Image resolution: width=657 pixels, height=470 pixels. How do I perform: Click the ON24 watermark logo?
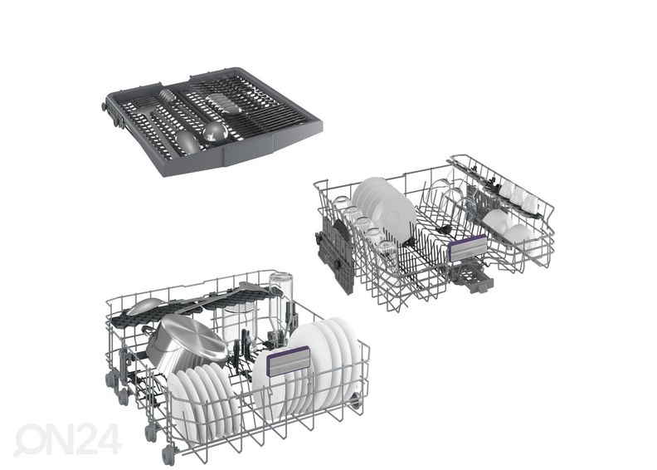67,439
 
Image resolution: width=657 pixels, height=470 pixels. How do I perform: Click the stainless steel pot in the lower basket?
186,344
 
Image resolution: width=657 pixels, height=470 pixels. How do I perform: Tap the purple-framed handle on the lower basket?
289,361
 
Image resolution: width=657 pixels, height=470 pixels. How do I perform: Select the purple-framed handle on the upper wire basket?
467,247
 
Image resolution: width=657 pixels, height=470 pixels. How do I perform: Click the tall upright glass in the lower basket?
281,298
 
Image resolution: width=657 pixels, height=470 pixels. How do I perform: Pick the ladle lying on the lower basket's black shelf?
144,306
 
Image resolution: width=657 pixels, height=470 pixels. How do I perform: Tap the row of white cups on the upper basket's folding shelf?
518,195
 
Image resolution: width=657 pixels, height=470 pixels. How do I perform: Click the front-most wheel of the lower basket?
168,455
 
